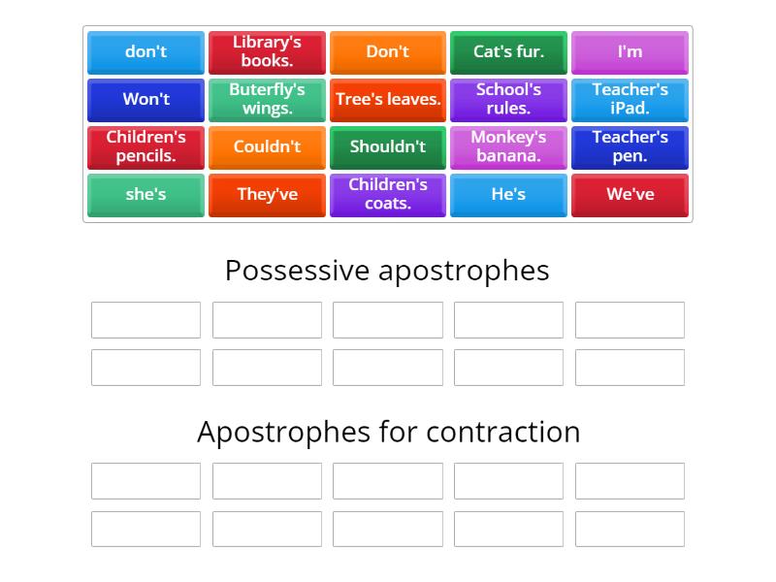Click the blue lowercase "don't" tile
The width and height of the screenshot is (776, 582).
coord(145,52)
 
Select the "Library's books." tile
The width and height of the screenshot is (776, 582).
coord(267,52)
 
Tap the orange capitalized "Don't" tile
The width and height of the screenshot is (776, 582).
coord(388,52)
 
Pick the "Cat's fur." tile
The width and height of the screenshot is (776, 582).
coord(508,52)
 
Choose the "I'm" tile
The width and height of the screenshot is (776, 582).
coord(630,52)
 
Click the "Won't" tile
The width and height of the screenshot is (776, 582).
coord(145,99)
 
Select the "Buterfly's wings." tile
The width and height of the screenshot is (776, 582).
coord(267,99)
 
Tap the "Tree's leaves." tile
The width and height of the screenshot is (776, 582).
coord(388,99)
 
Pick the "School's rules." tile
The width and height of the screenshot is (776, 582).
coord(508,99)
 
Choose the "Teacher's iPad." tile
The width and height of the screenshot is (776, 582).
coord(630,99)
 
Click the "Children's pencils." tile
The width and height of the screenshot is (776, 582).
coord(145,146)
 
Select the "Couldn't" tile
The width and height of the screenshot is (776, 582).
coord(267,146)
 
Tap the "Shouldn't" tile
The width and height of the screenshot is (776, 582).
coord(388,146)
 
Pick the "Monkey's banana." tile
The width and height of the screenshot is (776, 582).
coord(508,146)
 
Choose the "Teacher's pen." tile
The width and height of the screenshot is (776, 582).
coord(630,146)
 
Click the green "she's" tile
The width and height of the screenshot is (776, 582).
coord(145,194)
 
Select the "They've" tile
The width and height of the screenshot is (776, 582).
coord(267,194)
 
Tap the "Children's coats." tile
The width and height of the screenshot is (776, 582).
coord(388,194)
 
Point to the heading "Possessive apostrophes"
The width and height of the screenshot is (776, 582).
coord(387,271)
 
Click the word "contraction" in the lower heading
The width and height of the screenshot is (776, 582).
coord(501,432)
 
